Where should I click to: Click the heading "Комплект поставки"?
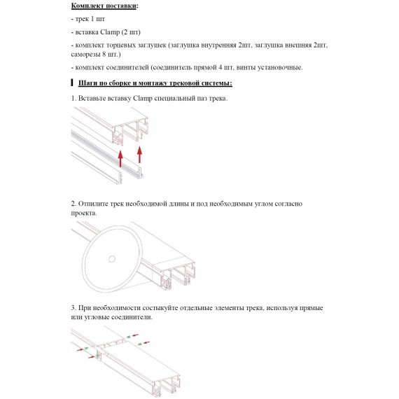pyautogui.click(x=104, y=6)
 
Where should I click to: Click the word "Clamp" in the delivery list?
pyautogui.click(x=110, y=32)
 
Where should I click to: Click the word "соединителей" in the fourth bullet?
pyautogui.click(x=127, y=67)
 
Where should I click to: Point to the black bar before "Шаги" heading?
pyautogui.click(x=72, y=83)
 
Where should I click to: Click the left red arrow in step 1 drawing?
pyautogui.click(x=120, y=158)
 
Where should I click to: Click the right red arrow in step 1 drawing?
pyautogui.click(x=139, y=154)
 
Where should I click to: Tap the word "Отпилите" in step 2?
pyautogui.click(x=93, y=204)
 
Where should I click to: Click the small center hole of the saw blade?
pyautogui.click(x=112, y=259)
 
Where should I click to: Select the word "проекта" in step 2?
pyautogui.click(x=83, y=213)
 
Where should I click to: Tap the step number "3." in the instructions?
pyautogui.click(x=73, y=308)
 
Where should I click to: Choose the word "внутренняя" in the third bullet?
pyautogui.click(x=218, y=45)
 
